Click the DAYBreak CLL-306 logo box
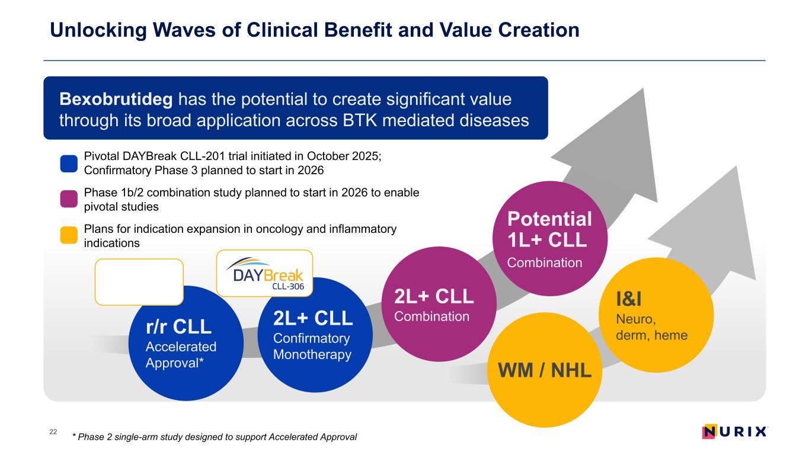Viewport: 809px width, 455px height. (x=264, y=273)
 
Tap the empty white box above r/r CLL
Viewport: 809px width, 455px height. (x=139, y=282)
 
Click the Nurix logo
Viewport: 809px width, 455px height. (x=734, y=431)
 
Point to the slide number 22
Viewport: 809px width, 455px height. (x=53, y=432)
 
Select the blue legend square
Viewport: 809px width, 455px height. (x=69, y=164)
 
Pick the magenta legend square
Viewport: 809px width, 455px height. (x=69, y=199)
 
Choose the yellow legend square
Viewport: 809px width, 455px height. (x=69, y=235)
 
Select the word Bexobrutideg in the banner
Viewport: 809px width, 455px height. (x=116, y=99)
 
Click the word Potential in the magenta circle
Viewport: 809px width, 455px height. (x=549, y=219)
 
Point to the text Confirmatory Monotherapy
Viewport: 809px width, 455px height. (x=312, y=347)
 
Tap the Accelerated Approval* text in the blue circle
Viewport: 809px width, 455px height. (x=181, y=354)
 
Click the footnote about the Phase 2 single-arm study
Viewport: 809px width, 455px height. (x=213, y=437)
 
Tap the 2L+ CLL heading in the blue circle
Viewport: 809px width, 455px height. (x=313, y=318)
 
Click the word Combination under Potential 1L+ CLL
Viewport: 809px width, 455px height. (x=545, y=262)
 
